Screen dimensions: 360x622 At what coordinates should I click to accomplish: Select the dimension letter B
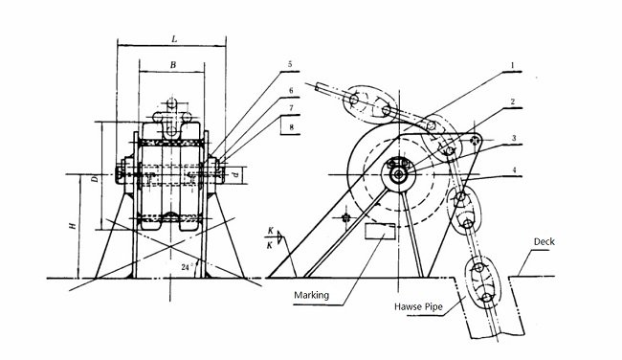click(172, 64)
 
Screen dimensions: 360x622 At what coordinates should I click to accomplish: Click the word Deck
click(545, 243)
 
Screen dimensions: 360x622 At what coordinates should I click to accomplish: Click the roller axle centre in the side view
click(397, 173)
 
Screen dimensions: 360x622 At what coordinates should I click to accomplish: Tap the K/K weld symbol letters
click(273, 238)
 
